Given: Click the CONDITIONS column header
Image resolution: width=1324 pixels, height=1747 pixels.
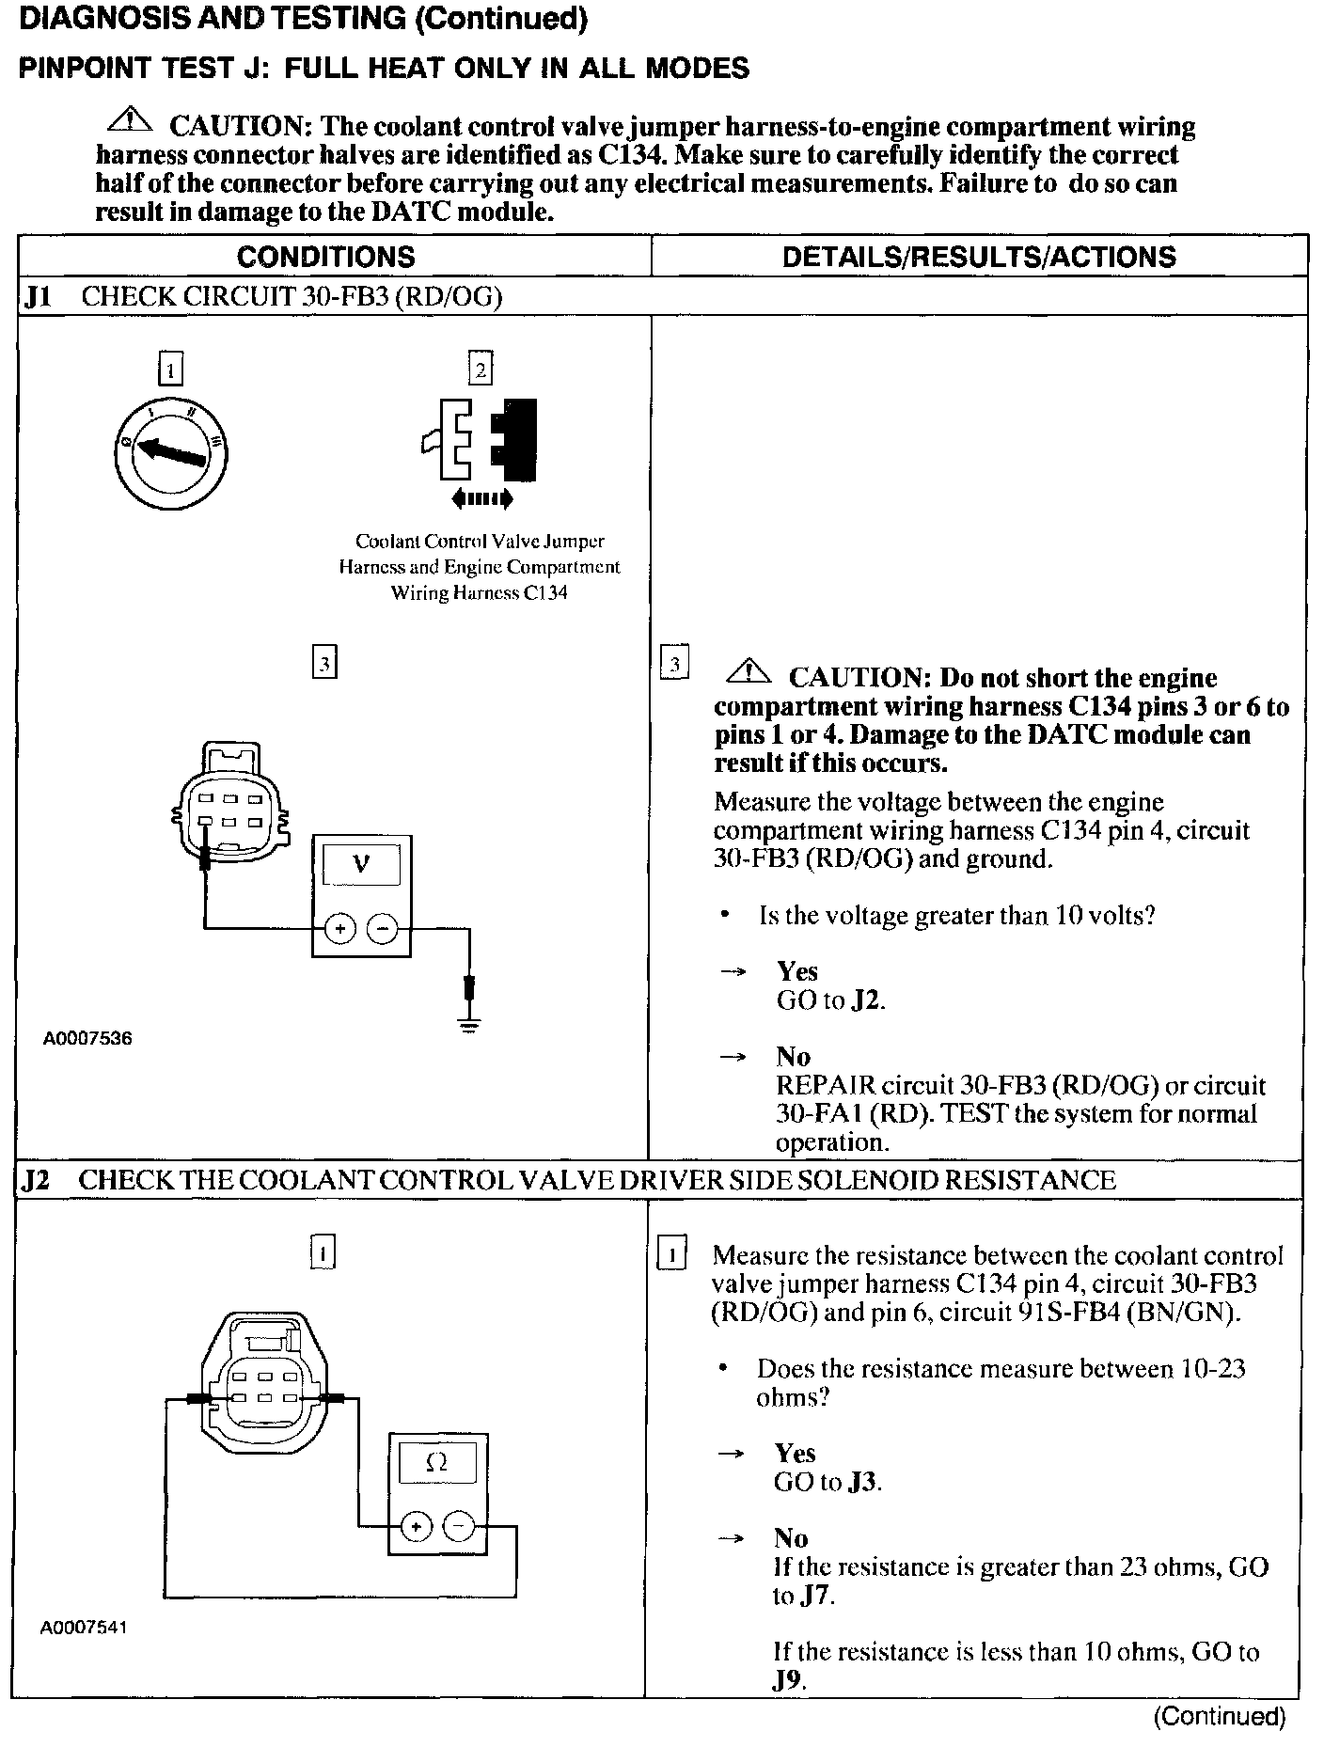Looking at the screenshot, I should (325, 257).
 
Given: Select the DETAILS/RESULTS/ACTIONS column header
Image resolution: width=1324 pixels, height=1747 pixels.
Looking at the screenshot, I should (979, 257).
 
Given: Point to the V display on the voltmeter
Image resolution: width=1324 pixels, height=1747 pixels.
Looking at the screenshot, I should (361, 864).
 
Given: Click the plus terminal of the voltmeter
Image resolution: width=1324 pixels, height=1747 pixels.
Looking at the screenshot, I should (339, 929).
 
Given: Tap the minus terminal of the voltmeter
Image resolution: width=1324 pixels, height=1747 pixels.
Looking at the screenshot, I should (382, 929).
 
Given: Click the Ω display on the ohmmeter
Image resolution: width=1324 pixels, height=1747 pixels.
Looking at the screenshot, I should (436, 1462).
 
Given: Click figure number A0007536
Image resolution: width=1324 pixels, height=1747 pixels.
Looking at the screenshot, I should (87, 1039).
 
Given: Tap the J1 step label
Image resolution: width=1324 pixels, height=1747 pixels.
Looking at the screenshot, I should (39, 297).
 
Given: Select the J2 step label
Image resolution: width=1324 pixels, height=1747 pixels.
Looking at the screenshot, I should (36, 1181).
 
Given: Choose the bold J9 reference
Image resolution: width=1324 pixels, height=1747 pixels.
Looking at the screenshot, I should (788, 1680).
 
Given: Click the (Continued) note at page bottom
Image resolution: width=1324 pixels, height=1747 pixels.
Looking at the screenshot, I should (1219, 1717).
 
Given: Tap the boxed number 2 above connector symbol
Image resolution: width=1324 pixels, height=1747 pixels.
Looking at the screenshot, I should (481, 370).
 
